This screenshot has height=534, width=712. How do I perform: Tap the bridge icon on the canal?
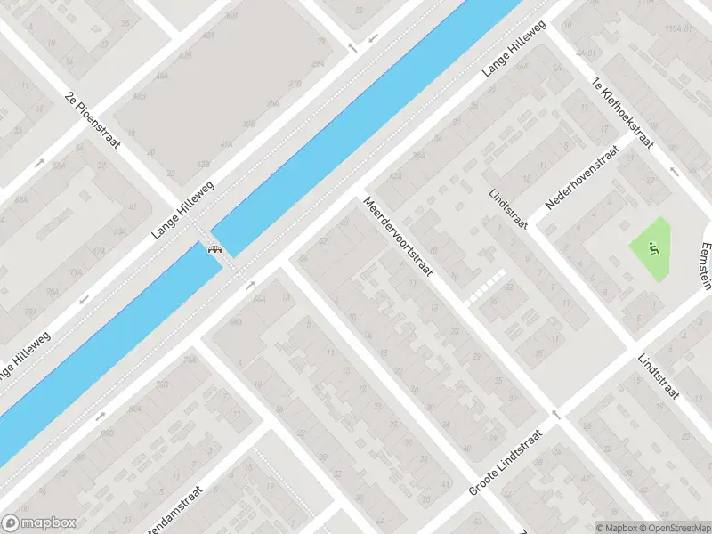point(214,248)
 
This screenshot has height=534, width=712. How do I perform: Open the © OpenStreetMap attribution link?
point(667,527)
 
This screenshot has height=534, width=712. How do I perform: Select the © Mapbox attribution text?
point(615,527)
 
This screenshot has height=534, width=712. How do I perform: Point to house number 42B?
point(185,55)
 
